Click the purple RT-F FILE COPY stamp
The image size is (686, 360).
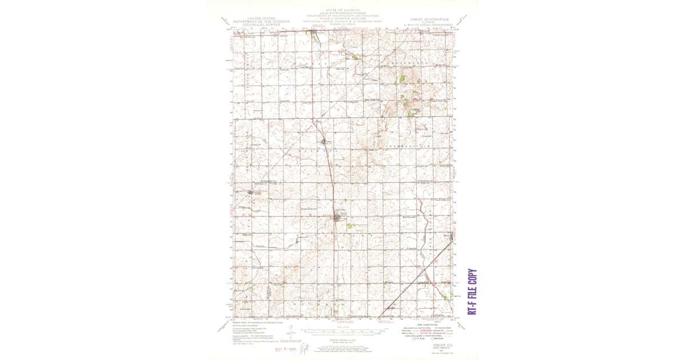click(472, 291)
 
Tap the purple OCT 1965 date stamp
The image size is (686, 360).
click(284, 348)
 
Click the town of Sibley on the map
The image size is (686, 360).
click(336, 217)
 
